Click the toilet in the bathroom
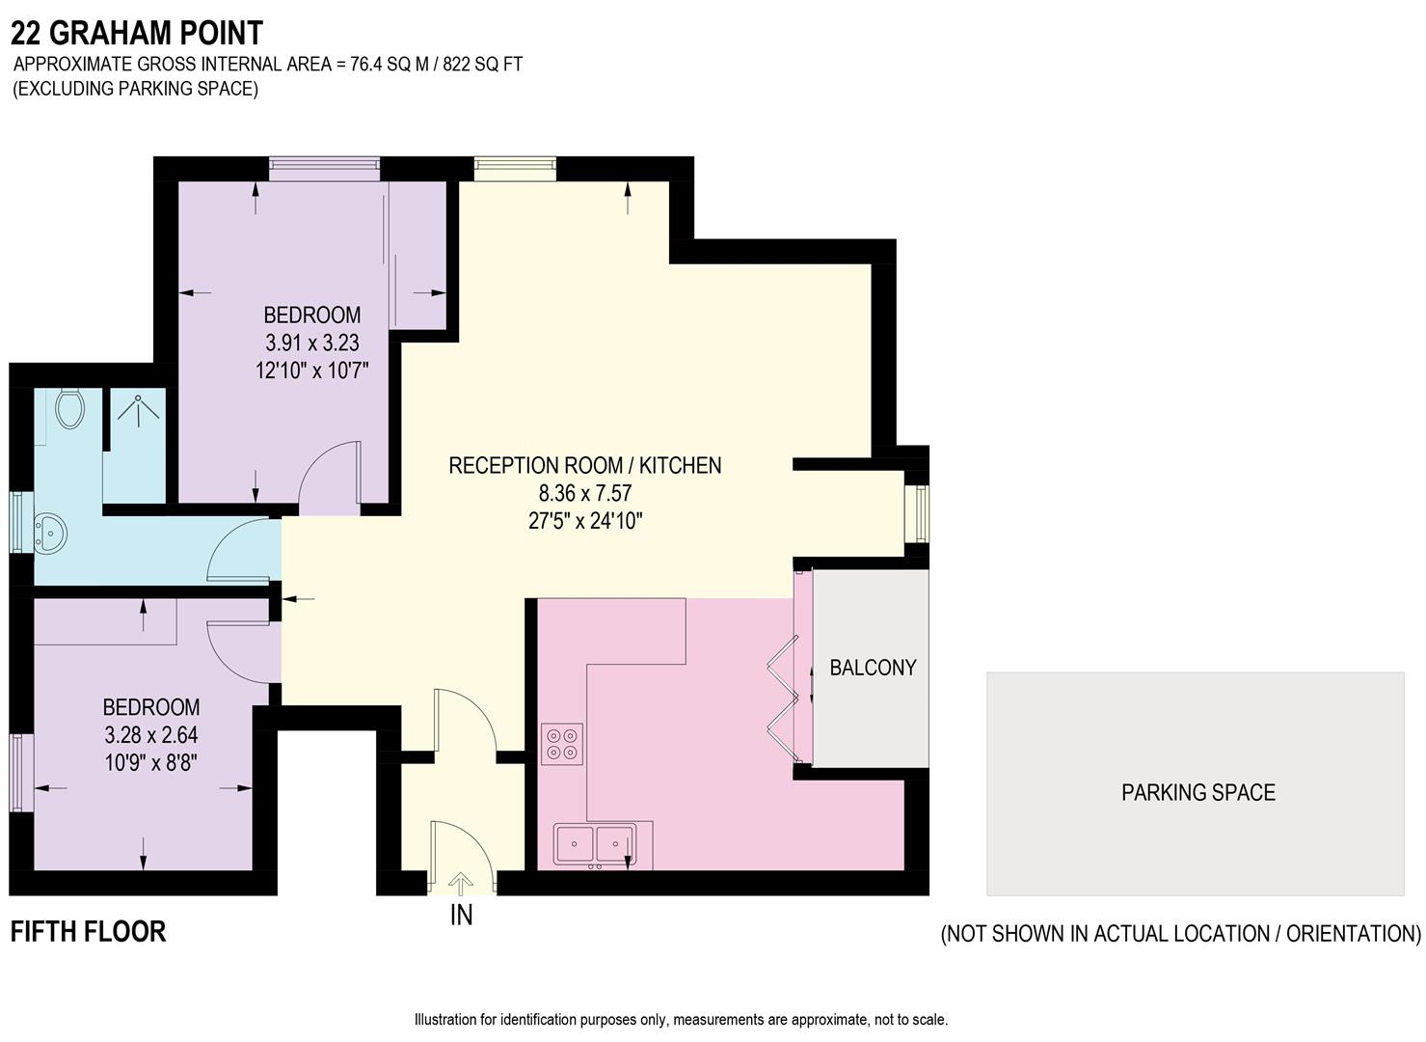click(69, 409)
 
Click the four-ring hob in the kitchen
click(561, 744)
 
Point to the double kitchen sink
click(595, 843)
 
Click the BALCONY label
click(873, 668)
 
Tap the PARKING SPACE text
click(1197, 793)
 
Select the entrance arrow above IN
click(462, 883)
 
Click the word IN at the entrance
click(462, 915)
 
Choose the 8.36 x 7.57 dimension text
click(585, 493)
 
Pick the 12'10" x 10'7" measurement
click(312, 370)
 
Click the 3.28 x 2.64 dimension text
click(151, 735)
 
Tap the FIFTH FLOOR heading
click(89, 932)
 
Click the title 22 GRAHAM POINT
click(137, 34)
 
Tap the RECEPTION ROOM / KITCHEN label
click(585, 465)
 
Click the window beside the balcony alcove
click(921, 513)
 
